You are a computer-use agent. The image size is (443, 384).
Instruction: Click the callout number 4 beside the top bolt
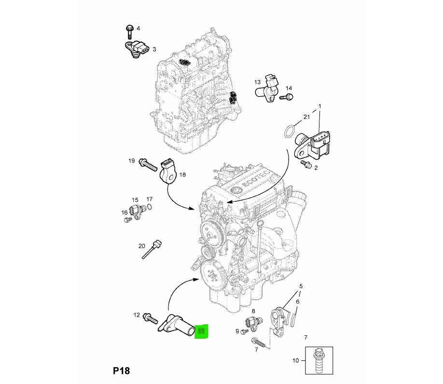coord(138,28)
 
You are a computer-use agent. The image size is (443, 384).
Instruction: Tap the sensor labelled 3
coord(138,49)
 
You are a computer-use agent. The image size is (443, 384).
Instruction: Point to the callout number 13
coord(257,82)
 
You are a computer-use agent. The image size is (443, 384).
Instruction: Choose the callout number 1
coord(318,106)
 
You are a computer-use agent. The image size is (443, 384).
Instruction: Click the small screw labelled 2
coord(305,164)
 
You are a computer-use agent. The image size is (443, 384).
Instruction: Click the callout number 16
coord(125,212)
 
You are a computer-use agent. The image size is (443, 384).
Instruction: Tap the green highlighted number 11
coord(201,331)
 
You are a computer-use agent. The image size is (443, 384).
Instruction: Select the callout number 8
coord(253,312)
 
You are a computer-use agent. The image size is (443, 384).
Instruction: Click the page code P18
coord(121,371)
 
